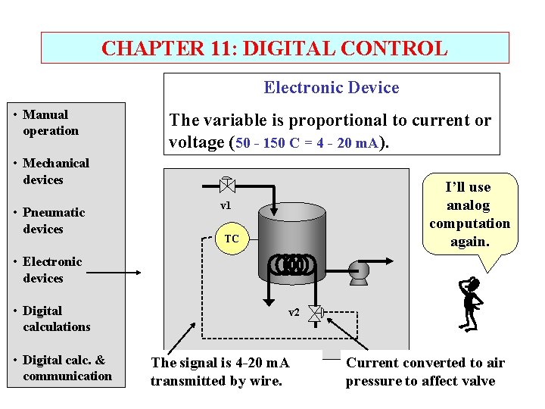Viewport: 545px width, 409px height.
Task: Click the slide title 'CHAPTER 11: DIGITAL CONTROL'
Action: [274, 48]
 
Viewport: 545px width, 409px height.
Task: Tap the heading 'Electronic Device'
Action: [331, 88]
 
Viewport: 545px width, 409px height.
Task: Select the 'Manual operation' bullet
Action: [50, 123]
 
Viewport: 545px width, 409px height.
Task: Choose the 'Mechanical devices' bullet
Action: [55, 171]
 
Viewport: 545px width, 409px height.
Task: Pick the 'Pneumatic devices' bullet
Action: [53, 220]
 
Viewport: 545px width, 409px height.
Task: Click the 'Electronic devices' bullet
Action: [51, 270]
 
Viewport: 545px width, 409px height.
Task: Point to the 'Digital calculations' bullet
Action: [56, 319]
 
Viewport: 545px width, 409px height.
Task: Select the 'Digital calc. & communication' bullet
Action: [67, 368]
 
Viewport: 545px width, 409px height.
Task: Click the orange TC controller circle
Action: [232, 239]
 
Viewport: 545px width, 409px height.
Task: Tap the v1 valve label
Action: [226, 206]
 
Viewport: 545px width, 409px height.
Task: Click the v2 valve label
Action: [294, 312]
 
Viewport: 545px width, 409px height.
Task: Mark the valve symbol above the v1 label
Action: [226, 183]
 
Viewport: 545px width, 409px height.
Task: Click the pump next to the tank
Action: [358, 271]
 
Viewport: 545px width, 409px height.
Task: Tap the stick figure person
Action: [472, 304]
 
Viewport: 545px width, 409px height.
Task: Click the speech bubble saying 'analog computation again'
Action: [469, 214]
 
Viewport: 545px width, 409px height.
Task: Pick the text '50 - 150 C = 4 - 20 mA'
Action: [312, 142]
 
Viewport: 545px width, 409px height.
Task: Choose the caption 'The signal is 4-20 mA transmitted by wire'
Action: [220, 372]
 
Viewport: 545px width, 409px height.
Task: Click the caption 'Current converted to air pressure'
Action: [425, 372]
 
